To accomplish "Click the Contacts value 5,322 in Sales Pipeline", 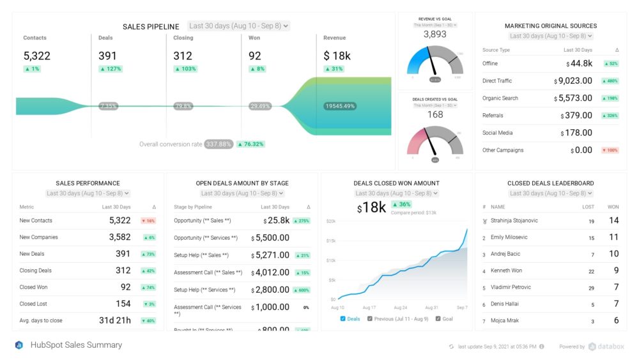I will point(37,56).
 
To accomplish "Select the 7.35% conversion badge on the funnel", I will point(109,106).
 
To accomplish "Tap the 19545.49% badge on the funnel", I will point(340,106).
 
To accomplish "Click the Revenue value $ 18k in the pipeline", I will point(337,56).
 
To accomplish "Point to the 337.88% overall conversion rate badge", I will point(219,145).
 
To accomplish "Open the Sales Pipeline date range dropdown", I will point(238,26).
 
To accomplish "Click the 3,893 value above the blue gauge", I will point(435,35).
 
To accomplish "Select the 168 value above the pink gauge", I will point(435,114).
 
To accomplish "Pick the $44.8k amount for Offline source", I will point(580,63).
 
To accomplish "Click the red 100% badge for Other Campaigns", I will point(610,150).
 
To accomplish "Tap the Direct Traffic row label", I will point(497,81).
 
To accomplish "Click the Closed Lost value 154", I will point(123,304).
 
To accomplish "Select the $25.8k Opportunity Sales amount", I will point(276,221).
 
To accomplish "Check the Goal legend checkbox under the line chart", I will point(438,318).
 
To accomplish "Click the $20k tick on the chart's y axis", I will point(330,221).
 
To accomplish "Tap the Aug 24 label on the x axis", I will point(400,308).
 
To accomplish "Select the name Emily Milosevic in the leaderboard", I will point(509,237).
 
